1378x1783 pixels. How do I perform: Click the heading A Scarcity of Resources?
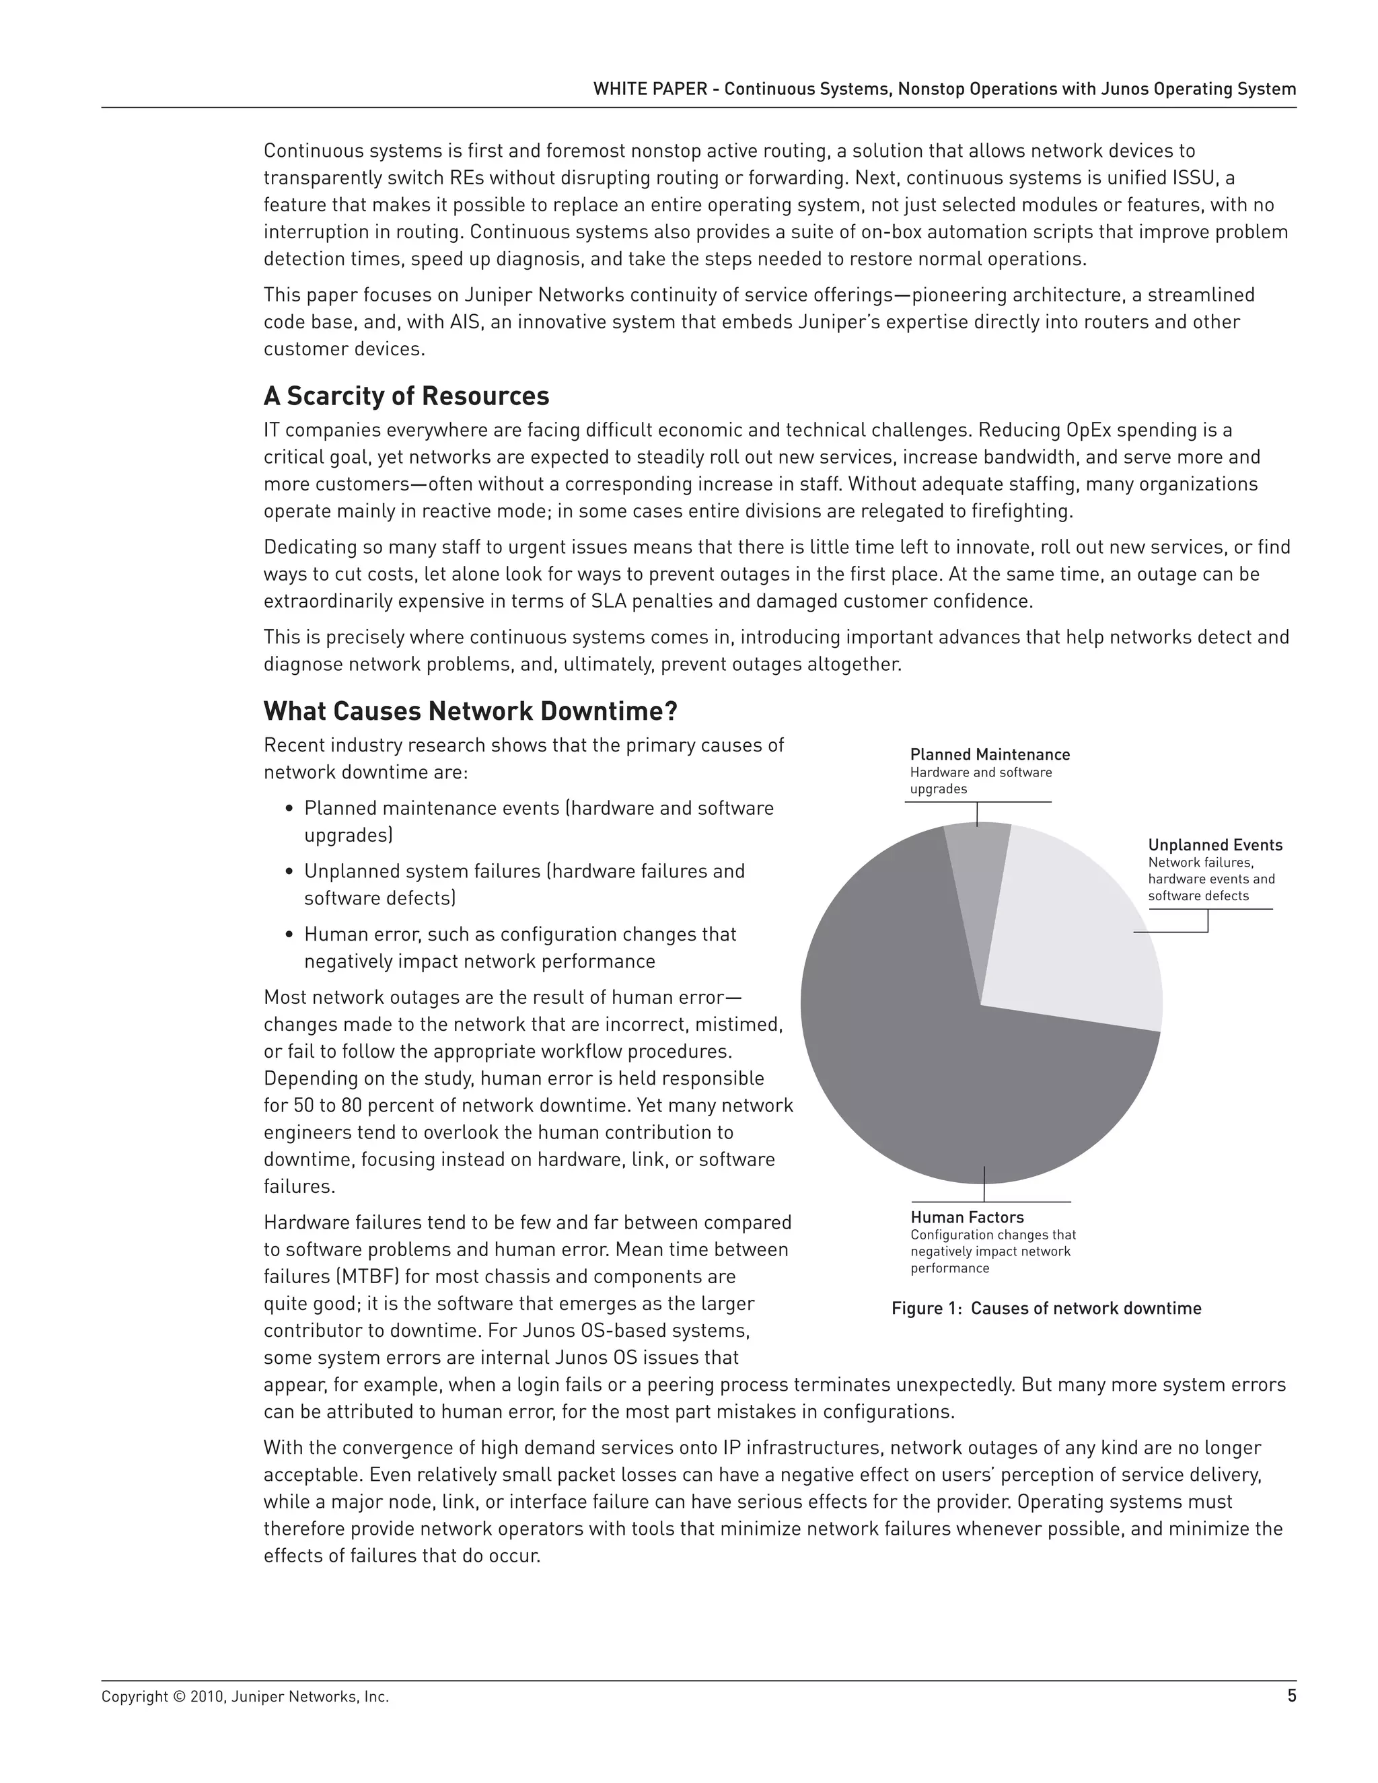[x=406, y=396]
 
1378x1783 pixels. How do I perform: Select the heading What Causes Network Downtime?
[x=470, y=711]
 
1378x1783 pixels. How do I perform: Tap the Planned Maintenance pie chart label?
[x=989, y=754]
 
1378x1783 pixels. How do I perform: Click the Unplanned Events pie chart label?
[x=1214, y=845]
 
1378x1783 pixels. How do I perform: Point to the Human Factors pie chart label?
[x=967, y=1216]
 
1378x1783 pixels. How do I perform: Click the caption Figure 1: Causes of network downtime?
[x=1046, y=1309]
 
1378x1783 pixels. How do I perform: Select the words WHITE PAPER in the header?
[x=650, y=89]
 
